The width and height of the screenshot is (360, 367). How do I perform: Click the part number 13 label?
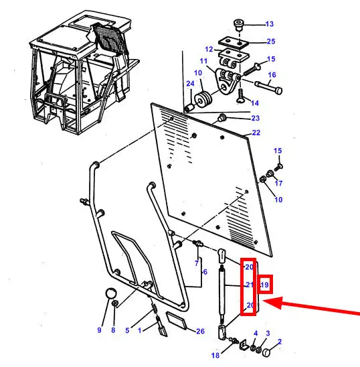tap(270, 24)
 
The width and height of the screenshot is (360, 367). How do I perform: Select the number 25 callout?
tap(271, 42)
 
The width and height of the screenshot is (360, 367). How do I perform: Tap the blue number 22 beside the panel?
tap(256, 133)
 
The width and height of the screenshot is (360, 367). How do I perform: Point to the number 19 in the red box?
tap(264, 285)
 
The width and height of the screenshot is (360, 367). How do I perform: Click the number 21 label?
tap(250, 285)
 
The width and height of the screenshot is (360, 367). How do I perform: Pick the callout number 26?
tap(200, 332)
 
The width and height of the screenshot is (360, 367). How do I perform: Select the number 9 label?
tap(100, 330)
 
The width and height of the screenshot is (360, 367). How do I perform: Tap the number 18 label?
tap(215, 356)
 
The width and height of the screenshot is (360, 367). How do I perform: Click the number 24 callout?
tap(190, 84)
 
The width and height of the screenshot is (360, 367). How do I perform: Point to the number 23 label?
tap(256, 118)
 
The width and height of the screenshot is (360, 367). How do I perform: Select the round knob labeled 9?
tap(111, 293)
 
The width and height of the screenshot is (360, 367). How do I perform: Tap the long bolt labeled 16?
tap(268, 87)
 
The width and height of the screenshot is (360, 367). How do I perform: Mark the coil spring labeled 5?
tap(155, 306)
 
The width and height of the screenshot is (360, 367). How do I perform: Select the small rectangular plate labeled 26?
tap(177, 320)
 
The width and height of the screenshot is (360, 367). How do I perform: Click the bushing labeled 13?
tap(238, 25)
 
